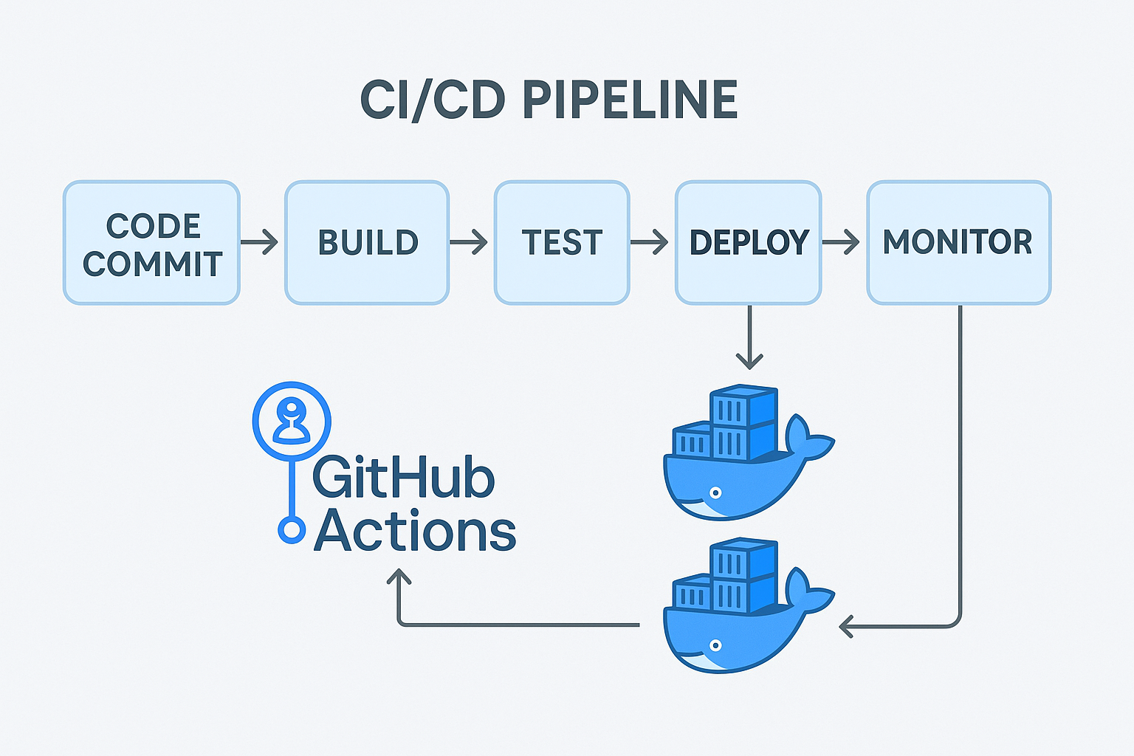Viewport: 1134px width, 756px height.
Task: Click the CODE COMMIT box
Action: point(151,243)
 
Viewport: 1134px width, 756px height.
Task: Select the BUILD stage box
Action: point(367,243)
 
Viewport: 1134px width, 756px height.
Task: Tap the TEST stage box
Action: point(562,243)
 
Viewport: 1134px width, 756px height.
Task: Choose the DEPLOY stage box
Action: point(748,243)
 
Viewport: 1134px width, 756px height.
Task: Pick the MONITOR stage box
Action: point(958,243)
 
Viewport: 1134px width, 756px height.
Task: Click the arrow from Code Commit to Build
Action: point(260,242)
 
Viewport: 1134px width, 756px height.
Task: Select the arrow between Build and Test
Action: point(470,242)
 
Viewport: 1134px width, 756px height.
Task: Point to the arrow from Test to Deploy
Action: point(650,242)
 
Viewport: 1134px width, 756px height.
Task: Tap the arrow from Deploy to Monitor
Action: point(842,242)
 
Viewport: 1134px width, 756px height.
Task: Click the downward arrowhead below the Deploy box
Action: point(749,361)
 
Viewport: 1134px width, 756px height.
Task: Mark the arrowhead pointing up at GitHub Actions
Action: point(399,577)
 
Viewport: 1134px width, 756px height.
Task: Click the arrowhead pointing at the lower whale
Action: point(847,627)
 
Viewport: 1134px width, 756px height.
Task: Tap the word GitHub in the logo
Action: point(403,478)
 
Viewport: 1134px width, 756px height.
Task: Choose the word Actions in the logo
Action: point(415,531)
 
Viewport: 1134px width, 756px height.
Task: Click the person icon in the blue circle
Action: point(292,422)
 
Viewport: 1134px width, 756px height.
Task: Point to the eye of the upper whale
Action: point(715,492)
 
